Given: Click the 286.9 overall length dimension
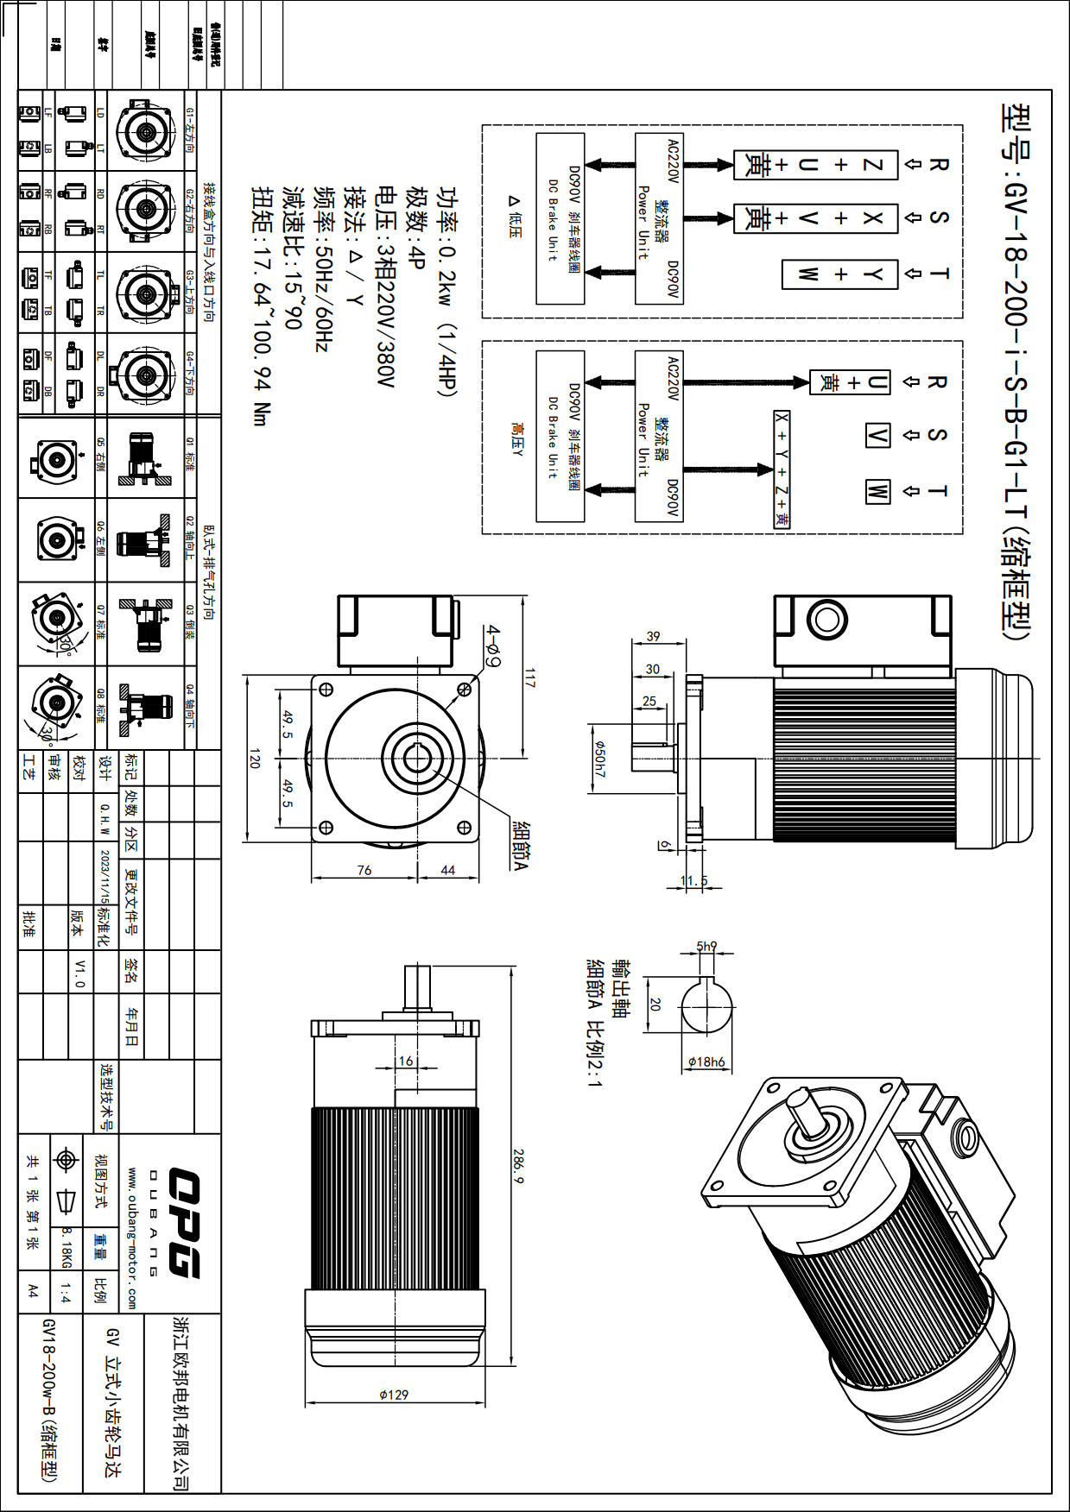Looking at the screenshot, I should [518, 1165].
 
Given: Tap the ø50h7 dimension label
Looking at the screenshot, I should [600, 759].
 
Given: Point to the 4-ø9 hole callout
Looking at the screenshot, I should [493, 646].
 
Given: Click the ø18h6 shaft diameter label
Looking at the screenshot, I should [706, 1062].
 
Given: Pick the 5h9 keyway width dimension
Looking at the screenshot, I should [706, 946].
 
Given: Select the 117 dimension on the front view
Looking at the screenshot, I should [529, 678].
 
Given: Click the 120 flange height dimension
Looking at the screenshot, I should [255, 759].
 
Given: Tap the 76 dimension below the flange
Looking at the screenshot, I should [364, 870].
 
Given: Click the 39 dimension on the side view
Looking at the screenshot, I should [653, 636].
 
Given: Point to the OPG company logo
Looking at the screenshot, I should [184, 1222].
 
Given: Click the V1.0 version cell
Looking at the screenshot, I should [80, 973].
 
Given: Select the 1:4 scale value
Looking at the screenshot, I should [66, 1292].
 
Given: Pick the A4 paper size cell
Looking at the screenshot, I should [33, 1291].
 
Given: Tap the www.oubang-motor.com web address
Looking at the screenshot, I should [131, 1238].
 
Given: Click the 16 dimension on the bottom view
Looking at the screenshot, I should [406, 1061].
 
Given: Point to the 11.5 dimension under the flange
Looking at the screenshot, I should [693, 881].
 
